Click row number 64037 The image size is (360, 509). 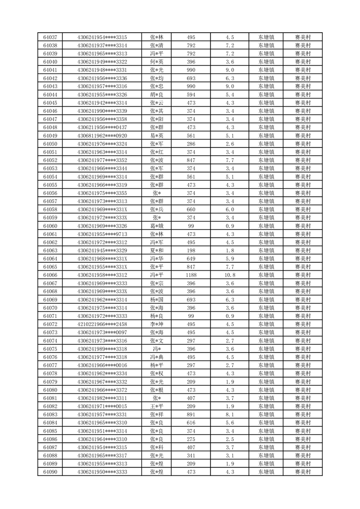(x=50, y=37)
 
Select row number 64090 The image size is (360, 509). (x=50, y=472)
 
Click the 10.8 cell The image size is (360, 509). (x=229, y=275)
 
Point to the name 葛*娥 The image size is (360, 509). (x=156, y=226)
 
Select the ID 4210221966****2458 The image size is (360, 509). (x=102, y=324)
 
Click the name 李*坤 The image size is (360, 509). (x=156, y=324)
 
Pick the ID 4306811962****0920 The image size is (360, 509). (x=102, y=136)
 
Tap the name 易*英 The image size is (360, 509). (x=156, y=136)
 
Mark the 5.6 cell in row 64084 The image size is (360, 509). (x=229, y=423)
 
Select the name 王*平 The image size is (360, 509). (x=156, y=406)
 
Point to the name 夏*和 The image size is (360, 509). (x=156, y=250)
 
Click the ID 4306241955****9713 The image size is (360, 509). (x=102, y=234)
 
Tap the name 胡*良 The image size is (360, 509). (x=156, y=94)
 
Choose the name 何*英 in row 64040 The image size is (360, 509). (x=156, y=62)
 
